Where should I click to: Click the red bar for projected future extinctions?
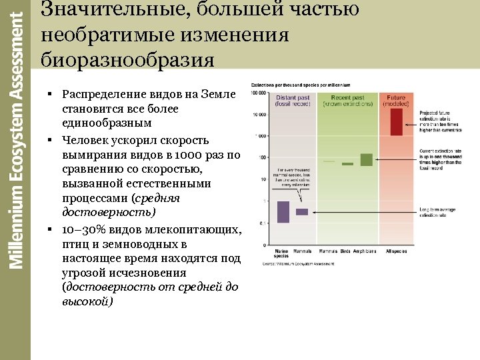pyautogui.click(x=396, y=122)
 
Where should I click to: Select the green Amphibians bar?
pyautogui.click(x=366, y=159)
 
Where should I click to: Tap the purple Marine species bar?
pyautogui.click(x=283, y=211)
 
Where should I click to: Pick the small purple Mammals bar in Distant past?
pyautogui.click(x=302, y=212)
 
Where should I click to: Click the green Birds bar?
pyautogui.click(x=347, y=163)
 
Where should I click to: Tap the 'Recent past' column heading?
pyautogui.click(x=347, y=98)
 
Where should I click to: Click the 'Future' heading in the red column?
pyautogui.click(x=396, y=98)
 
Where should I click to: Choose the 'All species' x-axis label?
pyautogui.click(x=396, y=251)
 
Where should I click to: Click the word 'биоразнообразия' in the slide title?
pyautogui.click(x=127, y=60)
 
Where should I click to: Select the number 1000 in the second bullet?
pyautogui.click(x=190, y=155)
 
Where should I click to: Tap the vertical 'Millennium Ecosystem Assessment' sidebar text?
pyautogui.click(x=16, y=133)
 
